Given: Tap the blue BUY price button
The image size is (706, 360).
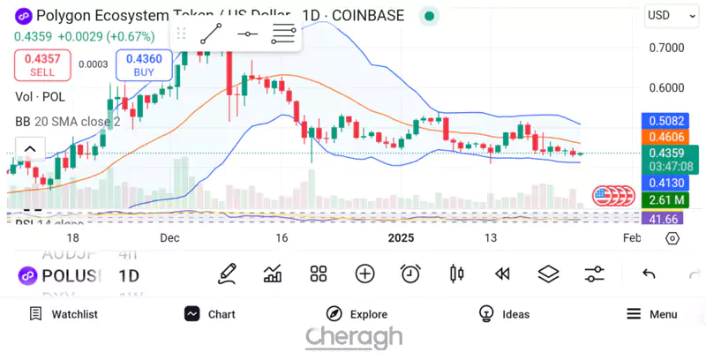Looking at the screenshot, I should point(143,64).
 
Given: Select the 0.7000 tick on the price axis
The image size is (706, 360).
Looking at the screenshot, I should point(666,48).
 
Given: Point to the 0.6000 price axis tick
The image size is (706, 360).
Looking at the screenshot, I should point(666,88).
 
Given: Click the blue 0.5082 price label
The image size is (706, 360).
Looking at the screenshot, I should point(666,121).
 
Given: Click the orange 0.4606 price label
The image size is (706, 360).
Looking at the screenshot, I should point(666,137).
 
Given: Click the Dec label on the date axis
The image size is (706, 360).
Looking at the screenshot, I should point(170,238).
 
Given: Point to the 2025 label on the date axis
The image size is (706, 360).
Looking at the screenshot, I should point(402,238).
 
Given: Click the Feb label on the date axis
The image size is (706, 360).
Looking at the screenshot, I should point(632,238).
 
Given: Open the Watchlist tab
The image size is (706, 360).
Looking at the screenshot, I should point(63,314).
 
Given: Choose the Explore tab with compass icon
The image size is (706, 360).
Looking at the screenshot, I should point(357,314).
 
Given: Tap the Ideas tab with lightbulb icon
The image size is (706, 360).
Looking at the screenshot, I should point(504,314).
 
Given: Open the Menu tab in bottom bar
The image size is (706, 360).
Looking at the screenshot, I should point(651,314).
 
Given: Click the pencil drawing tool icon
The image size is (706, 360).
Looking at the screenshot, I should point(227,274).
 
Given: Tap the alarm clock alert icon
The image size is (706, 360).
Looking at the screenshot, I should point(410,274).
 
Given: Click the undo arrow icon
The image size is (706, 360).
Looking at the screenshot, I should point(649,274).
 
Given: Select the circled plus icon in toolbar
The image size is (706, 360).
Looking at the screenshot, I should point(364,274).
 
